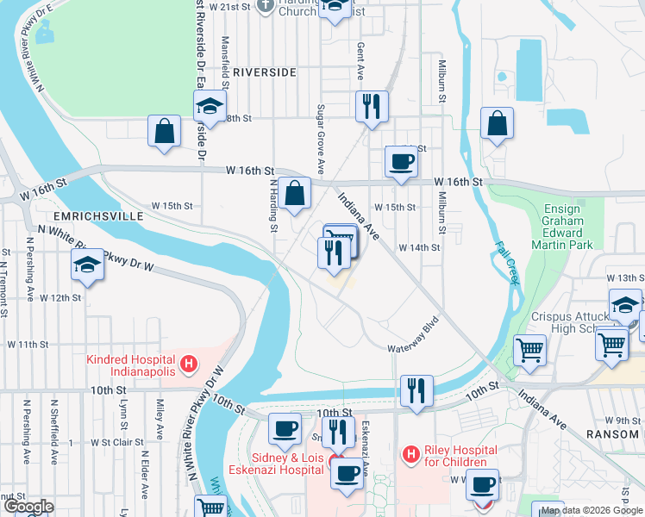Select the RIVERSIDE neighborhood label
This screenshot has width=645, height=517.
(264, 72)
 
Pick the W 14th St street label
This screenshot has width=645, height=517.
(419, 247)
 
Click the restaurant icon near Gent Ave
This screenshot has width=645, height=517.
(372, 107)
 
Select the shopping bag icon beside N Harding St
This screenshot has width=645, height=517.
(295, 194)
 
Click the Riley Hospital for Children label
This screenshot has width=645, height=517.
(448, 457)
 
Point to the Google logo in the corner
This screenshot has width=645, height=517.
(29, 507)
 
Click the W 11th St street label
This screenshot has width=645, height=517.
(28, 344)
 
